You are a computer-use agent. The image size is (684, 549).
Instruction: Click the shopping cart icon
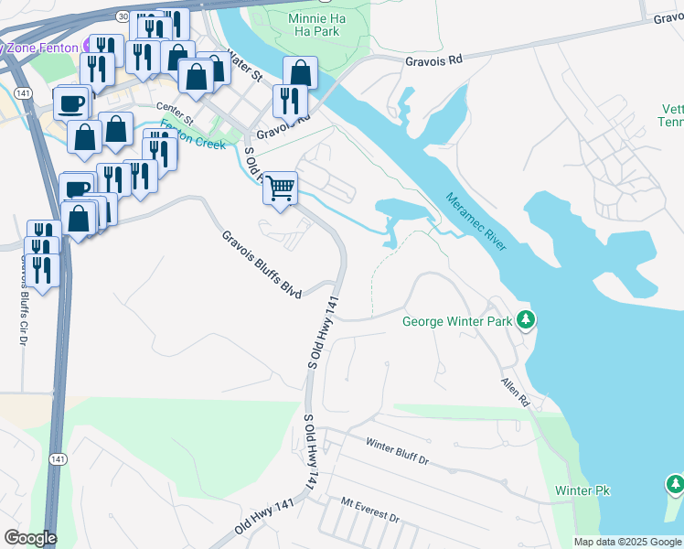[x=282, y=188]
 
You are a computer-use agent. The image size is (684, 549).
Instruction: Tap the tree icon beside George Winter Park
[x=526, y=320]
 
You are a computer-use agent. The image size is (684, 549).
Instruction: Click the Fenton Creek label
[x=194, y=135]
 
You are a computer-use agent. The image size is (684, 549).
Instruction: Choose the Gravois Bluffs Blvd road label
[x=262, y=264]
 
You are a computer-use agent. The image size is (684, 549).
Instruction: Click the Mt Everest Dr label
[x=370, y=510]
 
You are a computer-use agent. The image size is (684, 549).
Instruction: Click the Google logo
[x=29, y=538]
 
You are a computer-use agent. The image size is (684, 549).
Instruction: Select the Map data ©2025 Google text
[x=627, y=542]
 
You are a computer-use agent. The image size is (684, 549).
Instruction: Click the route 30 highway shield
[x=123, y=16]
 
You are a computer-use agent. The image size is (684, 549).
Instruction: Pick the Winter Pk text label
[x=582, y=491]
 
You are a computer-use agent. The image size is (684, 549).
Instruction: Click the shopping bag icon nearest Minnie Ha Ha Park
[x=299, y=73]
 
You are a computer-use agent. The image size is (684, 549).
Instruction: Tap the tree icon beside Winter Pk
[x=674, y=482]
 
